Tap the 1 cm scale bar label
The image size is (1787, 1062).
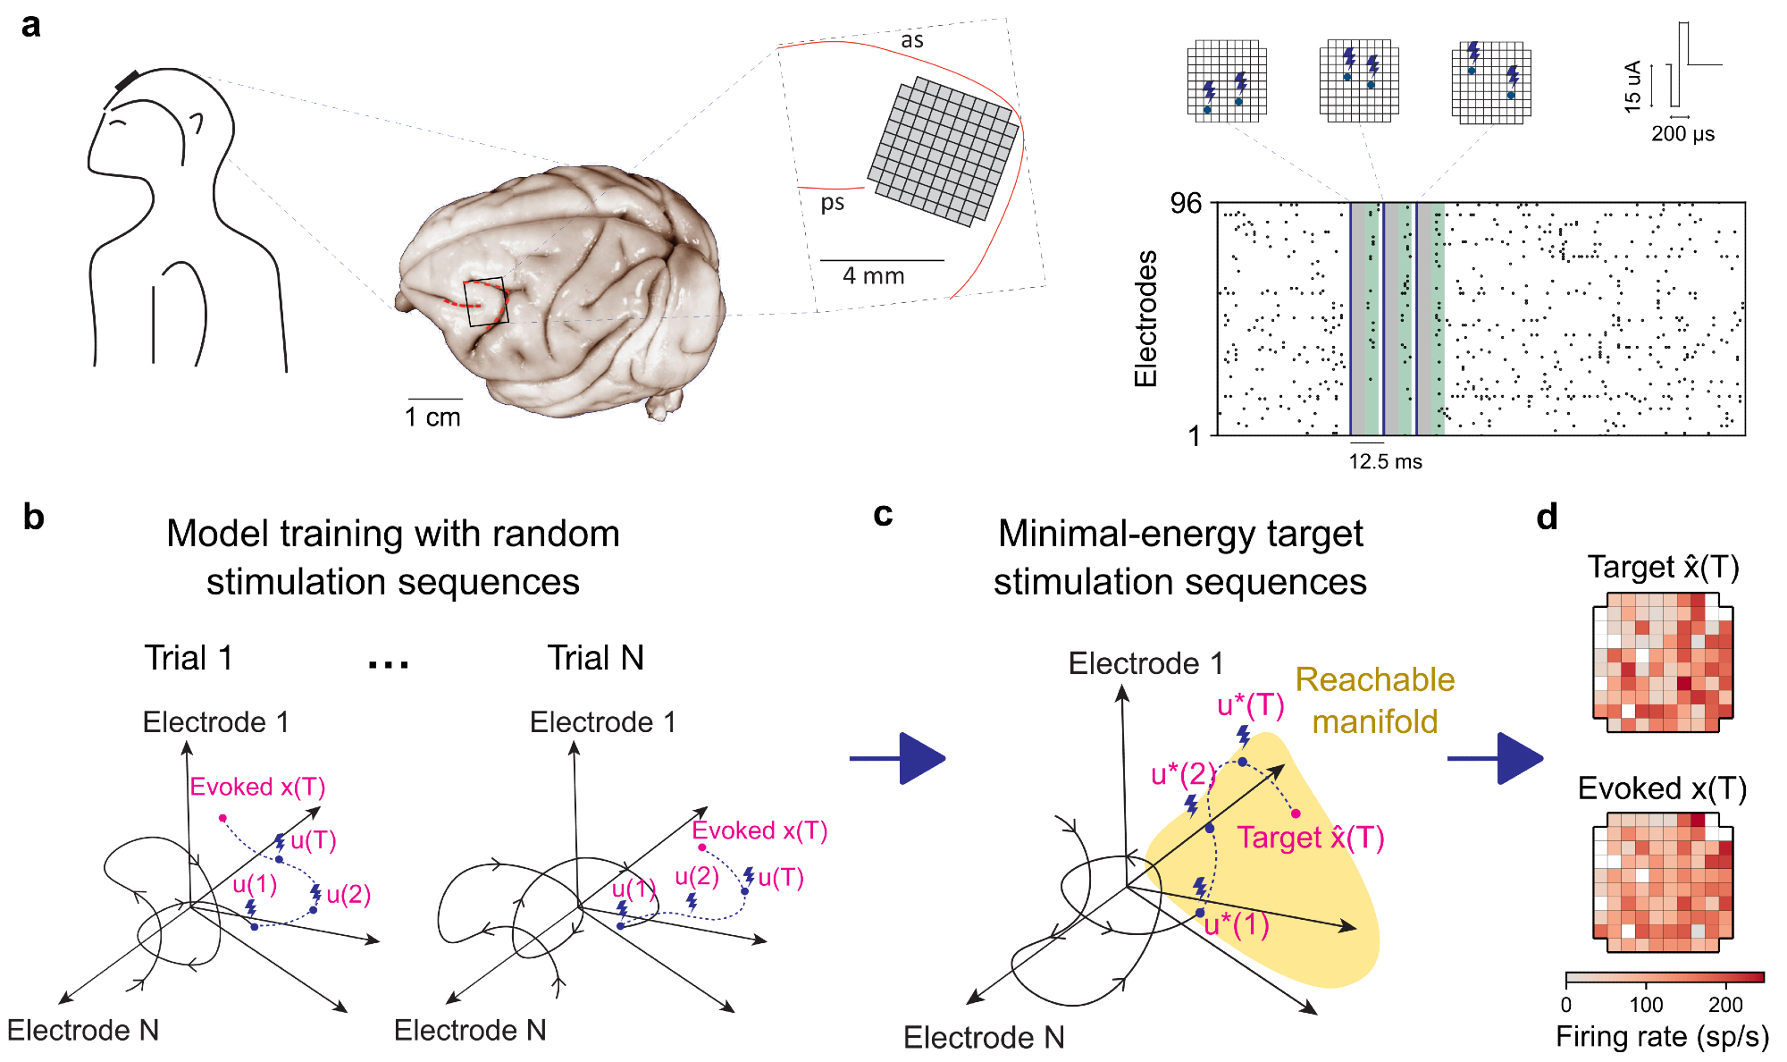[432, 417]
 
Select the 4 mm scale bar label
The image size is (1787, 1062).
[873, 276]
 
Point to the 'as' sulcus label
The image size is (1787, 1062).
[911, 40]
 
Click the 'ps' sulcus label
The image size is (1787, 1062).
[832, 203]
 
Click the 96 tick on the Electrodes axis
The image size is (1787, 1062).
[1186, 204]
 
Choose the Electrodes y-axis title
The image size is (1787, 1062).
[1145, 318]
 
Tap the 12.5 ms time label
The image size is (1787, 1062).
[1385, 462]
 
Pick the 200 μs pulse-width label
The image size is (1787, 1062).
[1682, 134]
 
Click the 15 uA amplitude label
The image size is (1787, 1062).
[1632, 86]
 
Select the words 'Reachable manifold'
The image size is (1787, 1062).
[1374, 700]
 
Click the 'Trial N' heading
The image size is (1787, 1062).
[595, 658]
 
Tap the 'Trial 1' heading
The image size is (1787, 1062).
[189, 658]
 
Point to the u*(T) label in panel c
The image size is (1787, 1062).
[1250, 705]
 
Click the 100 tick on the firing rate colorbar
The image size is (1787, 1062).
[1646, 1005]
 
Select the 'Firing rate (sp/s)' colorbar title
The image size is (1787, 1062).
[1662, 1037]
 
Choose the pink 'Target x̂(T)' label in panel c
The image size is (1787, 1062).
[1310, 838]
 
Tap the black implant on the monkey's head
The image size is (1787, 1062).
[127, 80]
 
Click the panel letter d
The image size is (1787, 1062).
[1547, 518]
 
